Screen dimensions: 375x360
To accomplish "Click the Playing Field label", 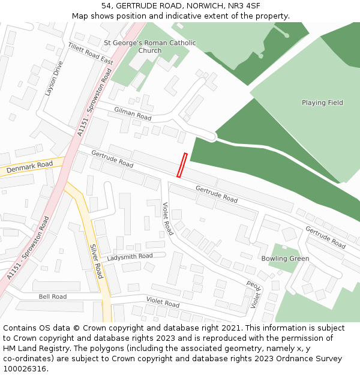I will click(322, 103).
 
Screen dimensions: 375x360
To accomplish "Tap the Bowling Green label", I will click(285, 259).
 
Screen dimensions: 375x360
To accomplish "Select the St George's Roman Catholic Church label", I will click(149, 47).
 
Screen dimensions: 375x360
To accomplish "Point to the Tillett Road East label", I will click(91, 54).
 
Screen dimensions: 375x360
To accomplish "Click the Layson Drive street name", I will click(53, 79).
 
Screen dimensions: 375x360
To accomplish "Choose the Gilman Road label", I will click(133, 113).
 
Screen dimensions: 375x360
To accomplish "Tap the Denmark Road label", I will click(30, 167).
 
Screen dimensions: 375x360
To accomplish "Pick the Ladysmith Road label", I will click(130, 256).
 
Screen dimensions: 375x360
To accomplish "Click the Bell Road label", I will click(53, 296).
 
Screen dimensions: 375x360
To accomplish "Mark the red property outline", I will click(182, 165).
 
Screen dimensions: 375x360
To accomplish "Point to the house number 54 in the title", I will click(106, 5).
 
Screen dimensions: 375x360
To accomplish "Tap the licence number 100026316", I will click(23, 369).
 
